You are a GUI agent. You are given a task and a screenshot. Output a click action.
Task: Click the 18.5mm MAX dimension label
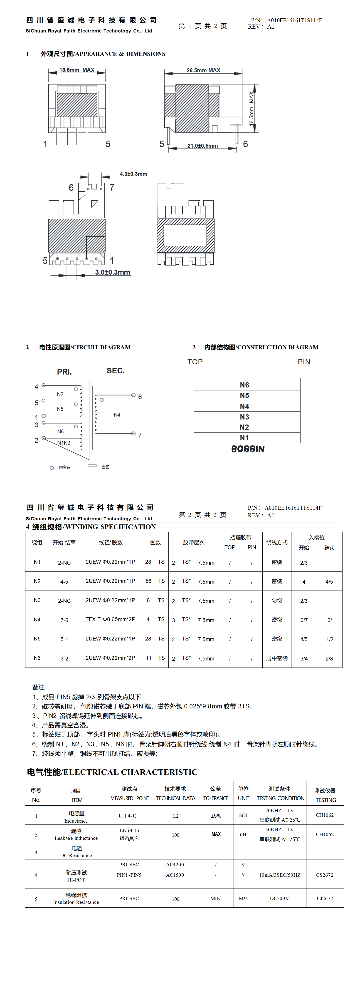point(77,70)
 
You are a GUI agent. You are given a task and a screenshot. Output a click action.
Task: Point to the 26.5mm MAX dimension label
point(203,70)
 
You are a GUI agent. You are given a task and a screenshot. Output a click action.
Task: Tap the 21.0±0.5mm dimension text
point(202,146)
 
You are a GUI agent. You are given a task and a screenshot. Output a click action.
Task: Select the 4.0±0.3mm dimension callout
point(133,174)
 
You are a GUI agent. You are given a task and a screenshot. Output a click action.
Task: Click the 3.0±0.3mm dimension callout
point(113,272)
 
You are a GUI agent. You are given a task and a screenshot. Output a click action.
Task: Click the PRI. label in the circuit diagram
point(64,372)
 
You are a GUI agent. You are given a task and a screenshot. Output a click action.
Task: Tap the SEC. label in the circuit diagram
point(116,370)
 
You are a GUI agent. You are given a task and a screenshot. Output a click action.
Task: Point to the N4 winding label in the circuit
point(117,415)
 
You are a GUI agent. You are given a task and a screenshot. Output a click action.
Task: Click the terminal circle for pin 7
point(133,434)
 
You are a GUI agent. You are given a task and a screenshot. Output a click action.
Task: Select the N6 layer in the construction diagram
point(244,385)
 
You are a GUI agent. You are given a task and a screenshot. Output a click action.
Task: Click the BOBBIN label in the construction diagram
point(248,449)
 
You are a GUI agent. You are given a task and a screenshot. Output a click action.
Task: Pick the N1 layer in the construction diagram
point(244,437)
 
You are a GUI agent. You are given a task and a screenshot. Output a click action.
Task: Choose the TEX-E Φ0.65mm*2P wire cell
point(110,619)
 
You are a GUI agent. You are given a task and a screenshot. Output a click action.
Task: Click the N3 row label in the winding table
point(37,600)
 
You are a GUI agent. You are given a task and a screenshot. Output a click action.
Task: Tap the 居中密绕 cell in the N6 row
point(277,658)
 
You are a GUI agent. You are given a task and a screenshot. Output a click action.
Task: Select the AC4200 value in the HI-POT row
point(175,864)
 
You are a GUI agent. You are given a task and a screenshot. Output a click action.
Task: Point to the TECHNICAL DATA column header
point(175,798)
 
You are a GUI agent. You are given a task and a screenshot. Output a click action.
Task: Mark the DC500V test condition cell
point(279,898)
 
